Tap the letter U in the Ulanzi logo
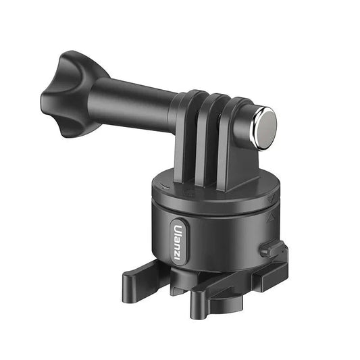178,228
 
